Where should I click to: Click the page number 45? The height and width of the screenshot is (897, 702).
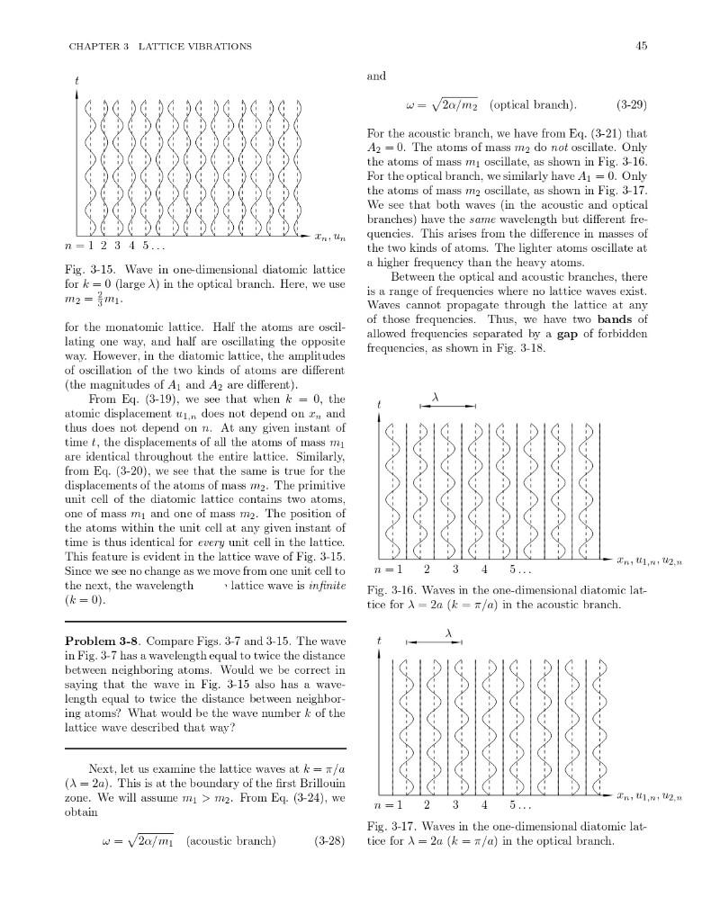[x=642, y=46]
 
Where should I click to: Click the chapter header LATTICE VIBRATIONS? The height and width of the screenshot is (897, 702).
[x=201, y=46]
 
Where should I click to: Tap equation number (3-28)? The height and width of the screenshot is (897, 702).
[x=329, y=842]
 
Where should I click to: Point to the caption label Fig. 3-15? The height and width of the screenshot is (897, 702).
[x=87, y=269]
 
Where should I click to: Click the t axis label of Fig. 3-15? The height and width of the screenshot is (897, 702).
[x=77, y=80]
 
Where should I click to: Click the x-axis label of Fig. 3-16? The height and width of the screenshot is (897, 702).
[x=649, y=562]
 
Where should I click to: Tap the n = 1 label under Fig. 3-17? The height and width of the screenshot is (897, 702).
[x=387, y=804]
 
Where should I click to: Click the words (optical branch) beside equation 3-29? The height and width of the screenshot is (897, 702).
[x=532, y=104]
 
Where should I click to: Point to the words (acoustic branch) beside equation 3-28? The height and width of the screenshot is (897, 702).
[x=230, y=842]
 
